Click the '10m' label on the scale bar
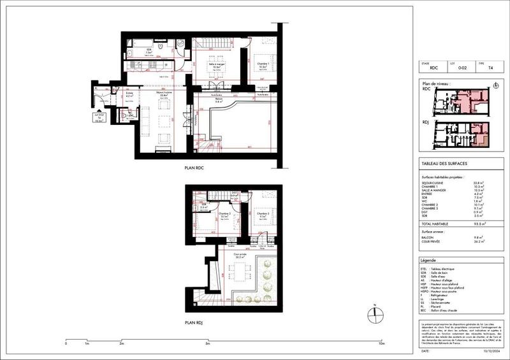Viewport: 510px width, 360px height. point(381,343)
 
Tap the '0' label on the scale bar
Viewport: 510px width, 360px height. point(66,343)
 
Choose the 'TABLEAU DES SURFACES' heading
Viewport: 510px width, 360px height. point(445,164)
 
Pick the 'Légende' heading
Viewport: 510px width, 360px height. point(428,261)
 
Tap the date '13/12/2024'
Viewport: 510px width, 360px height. point(489,350)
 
